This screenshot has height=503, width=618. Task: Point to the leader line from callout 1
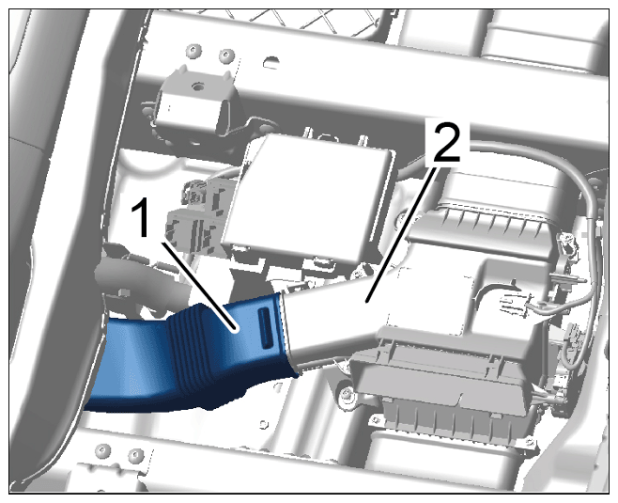pyautogui.click(x=200, y=285)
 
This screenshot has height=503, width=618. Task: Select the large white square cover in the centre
pyautogui.click(x=307, y=197)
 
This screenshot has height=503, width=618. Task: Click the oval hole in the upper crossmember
pyautogui.click(x=272, y=61)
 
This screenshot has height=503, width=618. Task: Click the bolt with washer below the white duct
pyautogui.click(x=347, y=393)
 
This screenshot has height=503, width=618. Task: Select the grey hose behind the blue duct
pyautogui.click(x=142, y=285)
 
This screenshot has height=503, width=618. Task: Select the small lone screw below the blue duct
pyautogui.click(x=263, y=424)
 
